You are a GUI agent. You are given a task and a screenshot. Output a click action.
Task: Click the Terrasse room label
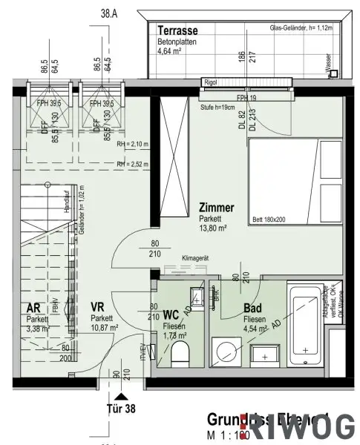click(176, 32)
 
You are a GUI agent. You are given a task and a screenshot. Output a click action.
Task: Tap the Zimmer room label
click(216, 209)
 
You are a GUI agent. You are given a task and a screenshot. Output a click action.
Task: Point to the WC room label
click(171, 313)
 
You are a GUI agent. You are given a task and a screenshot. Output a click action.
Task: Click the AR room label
click(33, 307)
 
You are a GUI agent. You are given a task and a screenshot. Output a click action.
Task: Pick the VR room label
click(97, 306)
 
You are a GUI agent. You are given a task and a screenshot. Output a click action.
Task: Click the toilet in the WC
click(180, 355)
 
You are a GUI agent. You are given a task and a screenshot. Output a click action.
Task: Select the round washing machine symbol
click(225, 350)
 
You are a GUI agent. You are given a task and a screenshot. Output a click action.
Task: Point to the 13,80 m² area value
click(212, 230)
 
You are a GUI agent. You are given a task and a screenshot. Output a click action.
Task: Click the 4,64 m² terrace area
click(172, 52)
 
